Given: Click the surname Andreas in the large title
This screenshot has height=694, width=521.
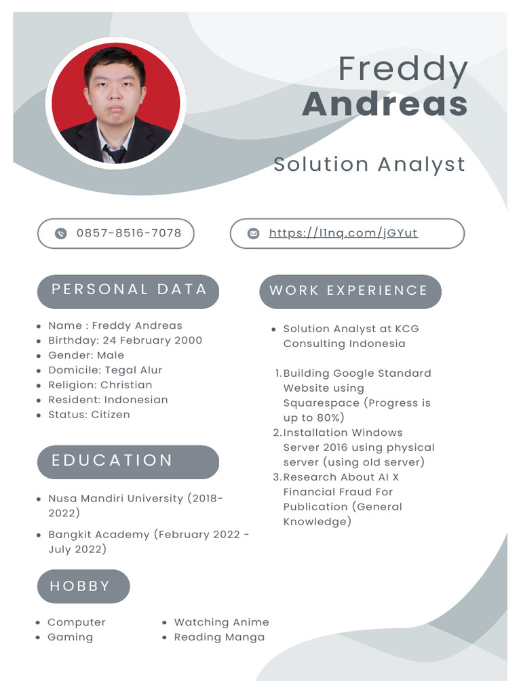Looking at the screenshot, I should pos(385,104).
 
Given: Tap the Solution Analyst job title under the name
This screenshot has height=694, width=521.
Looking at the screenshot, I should pos(369,164).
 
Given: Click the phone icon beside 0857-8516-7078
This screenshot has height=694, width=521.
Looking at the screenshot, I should pos(61,234).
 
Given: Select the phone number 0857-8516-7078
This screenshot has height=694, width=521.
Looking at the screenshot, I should pos(129,233).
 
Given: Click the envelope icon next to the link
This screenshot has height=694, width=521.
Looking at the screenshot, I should pos(253,234).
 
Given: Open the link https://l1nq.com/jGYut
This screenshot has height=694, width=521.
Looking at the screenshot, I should pos(343,233).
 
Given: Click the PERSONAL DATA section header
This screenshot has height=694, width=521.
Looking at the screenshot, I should pos(128,289).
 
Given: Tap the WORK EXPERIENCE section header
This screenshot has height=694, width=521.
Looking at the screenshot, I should pos(349,291).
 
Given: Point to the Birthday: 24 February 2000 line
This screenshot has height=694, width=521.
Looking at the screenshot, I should pos(125,340).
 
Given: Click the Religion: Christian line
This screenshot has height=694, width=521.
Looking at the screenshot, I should pos(100,385).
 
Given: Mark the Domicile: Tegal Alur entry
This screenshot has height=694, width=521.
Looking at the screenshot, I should pos(105,370).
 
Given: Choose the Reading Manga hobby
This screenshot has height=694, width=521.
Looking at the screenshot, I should pos(219,637).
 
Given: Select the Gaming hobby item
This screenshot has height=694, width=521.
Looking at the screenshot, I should pos(70,637).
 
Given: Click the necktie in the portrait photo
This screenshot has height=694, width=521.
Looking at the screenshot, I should pos(115,154).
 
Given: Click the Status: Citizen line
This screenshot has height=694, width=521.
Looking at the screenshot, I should pos(89,415).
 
